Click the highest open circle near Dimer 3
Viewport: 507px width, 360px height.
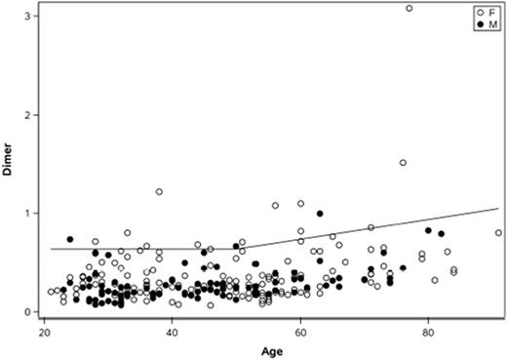coord(409,9)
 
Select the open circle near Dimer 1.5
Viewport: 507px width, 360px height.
coord(403,163)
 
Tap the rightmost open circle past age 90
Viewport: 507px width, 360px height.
coord(498,233)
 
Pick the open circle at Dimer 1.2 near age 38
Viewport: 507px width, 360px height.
coord(159,192)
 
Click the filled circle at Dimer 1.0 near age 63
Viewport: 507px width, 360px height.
coord(320,214)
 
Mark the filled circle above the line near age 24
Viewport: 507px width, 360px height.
coord(70,239)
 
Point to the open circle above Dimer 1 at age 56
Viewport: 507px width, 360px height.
coord(275,206)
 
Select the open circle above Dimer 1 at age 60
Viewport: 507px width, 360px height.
coord(300,204)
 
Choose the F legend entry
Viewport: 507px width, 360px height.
coord(483,12)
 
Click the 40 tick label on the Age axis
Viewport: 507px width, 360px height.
coord(173,333)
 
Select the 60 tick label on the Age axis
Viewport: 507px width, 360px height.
coord(300,333)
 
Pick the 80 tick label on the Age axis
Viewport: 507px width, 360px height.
coord(428,333)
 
